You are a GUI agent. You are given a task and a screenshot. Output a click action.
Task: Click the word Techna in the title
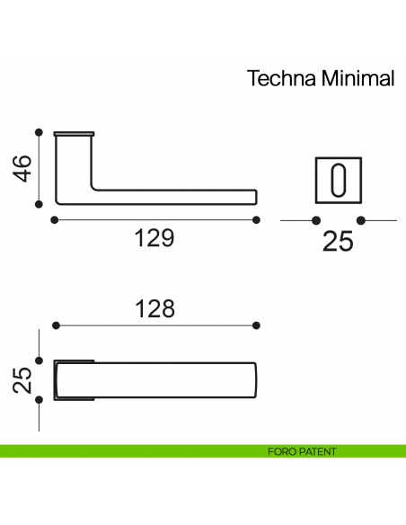tap(278, 79)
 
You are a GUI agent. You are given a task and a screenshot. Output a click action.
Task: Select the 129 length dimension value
tap(154, 239)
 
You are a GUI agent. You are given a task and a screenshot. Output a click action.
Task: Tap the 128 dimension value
tap(154, 308)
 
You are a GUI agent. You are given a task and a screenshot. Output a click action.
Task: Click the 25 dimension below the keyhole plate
tap(338, 240)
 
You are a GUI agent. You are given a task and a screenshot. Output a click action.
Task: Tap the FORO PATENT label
tap(302, 451)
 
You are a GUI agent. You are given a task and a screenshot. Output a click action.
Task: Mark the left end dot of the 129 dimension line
tap(55, 219)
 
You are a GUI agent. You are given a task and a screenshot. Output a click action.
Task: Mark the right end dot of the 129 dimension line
tap(257, 219)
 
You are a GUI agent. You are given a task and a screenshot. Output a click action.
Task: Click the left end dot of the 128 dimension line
tap(55, 325)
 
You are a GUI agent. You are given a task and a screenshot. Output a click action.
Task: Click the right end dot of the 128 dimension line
tap(257, 325)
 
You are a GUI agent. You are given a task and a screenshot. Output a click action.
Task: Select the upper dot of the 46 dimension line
tap(38, 131)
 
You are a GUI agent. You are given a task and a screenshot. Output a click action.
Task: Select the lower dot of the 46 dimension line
tap(38, 204)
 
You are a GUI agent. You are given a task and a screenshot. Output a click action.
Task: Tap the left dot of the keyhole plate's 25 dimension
tap(315, 219)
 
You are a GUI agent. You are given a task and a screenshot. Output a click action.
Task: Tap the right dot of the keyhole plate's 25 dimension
tap(360, 219)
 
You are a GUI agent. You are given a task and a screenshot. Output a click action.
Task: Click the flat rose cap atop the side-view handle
tap(74, 134)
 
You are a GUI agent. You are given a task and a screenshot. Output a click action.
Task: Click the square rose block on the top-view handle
tap(74, 379)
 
